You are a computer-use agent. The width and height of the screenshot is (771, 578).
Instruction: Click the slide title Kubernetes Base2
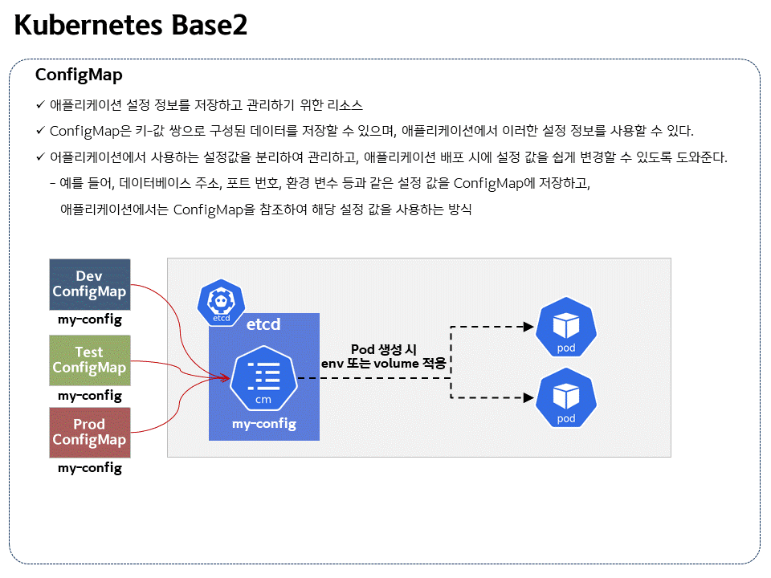(131, 26)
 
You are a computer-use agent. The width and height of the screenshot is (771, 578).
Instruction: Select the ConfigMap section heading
(79, 75)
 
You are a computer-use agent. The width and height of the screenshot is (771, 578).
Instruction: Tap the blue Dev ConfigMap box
(89, 284)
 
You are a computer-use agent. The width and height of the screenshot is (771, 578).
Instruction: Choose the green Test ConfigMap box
(89, 360)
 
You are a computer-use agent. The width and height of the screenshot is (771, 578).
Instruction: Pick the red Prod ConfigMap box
(89, 432)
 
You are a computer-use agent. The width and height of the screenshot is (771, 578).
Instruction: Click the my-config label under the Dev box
(89, 320)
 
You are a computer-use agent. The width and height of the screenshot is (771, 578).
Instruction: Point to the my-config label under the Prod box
(89, 467)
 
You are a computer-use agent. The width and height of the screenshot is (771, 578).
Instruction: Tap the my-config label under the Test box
(89, 395)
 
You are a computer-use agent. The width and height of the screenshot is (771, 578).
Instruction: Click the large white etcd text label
(263, 325)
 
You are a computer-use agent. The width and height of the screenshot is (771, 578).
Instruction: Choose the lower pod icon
(566, 398)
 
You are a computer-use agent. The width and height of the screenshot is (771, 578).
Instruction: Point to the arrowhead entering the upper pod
(528, 327)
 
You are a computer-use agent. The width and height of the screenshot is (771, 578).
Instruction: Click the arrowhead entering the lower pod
(528, 397)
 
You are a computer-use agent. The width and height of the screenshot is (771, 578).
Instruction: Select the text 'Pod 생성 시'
(383, 349)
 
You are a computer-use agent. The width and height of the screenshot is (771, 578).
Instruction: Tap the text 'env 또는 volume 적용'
(383, 364)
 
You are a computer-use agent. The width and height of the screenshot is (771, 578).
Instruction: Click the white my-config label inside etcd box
(263, 423)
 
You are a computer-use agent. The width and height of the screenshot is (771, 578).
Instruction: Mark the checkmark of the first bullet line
(40, 104)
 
